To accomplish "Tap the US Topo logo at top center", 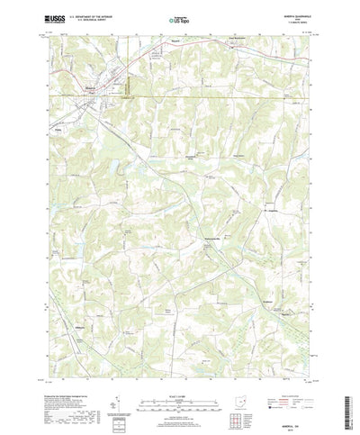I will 179,18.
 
